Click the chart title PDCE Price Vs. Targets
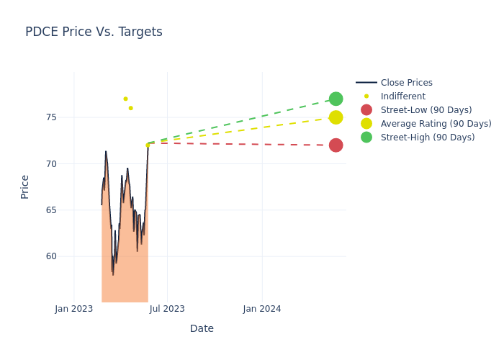94,32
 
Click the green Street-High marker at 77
336,99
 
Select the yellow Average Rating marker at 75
336,117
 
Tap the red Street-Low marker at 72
336,145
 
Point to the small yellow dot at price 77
125,99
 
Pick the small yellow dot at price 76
130,108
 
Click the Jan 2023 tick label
74,309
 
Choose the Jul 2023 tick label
167,309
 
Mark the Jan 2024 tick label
262,309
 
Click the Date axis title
202,328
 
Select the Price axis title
25,186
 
